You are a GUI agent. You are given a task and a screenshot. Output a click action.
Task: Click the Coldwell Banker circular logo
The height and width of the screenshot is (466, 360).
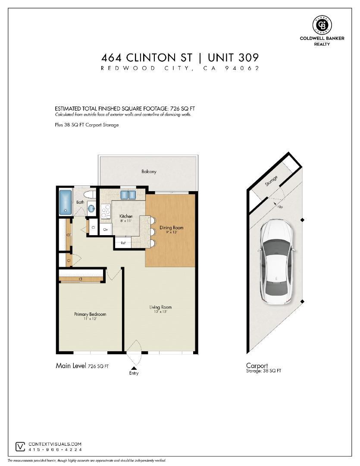coord(321,25)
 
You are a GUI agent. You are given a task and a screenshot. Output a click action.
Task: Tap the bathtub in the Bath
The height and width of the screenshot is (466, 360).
coord(66,202)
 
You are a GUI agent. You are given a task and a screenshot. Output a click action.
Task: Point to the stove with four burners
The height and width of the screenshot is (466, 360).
coord(105,211)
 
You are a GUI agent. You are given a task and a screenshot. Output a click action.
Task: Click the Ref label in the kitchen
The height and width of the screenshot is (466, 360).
coord(123,243)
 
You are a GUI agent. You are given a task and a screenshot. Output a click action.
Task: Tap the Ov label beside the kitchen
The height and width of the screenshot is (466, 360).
coord(105,230)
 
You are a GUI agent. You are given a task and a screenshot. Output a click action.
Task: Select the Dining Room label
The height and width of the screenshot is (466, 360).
coord(172,227)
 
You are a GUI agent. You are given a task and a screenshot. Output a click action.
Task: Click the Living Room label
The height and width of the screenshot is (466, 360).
coord(160,307)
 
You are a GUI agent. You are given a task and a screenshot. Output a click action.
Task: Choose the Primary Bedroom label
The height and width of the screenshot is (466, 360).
coord(90,314)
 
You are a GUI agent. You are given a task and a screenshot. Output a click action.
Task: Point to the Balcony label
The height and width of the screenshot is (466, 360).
coord(149,171)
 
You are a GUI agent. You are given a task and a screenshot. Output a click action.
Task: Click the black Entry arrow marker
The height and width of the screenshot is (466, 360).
coord(134,367)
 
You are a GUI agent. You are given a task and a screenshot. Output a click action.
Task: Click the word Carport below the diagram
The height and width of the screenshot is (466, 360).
coord(257,365)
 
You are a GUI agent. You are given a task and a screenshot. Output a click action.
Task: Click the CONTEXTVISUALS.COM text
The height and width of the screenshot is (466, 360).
coord(55,444)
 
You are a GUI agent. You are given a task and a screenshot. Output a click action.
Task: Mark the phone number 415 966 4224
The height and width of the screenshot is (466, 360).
coord(54,450)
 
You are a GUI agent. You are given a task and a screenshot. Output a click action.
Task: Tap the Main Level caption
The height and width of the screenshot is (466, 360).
coord(71,365)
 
